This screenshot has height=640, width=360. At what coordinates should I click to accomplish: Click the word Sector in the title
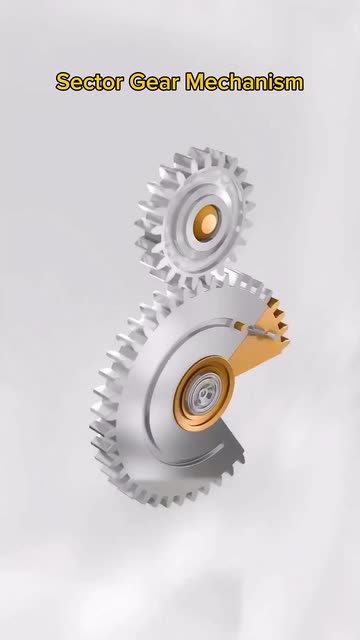click(x=89, y=82)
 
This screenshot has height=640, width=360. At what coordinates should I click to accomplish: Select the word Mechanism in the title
click(x=245, y=82)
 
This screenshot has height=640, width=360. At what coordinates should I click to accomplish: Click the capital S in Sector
click(x=63, y=82)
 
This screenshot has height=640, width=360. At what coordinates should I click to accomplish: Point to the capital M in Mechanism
click(x=195, y=82)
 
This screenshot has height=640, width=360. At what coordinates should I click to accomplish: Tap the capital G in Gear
click(x=137, y=82)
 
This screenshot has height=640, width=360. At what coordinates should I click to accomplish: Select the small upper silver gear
click(x=195, y=218)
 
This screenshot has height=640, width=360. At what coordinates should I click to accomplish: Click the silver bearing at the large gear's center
click(x=203, y=393)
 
